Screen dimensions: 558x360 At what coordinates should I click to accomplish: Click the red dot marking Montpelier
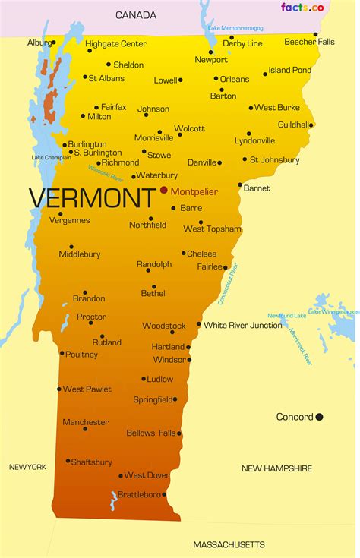(x=163, y=191)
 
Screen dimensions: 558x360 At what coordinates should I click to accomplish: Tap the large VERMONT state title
(x=90, y=199)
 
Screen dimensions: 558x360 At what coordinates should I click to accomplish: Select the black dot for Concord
(x=319, y=416)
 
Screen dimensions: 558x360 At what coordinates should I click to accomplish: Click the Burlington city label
(x=87, y=144)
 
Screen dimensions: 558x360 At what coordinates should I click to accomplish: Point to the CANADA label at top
(x=136, y=14)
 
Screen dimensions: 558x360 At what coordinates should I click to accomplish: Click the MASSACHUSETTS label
(x=229, y=544)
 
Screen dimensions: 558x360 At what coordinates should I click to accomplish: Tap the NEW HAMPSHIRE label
(x=276, y=468)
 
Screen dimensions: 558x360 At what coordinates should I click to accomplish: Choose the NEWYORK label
(x=28, y=467)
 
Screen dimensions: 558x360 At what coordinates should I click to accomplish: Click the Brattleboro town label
(x=139, y=494)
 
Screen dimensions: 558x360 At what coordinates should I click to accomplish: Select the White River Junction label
(x=243, y=325)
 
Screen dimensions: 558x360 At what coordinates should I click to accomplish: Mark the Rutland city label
(x=106, y=342)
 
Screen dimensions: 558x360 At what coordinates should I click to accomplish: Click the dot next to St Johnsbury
(x=244, y=159)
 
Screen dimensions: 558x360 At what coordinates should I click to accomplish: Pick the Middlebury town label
(x=80, y=254)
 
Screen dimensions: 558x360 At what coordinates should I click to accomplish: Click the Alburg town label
(x=38, y=43)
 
